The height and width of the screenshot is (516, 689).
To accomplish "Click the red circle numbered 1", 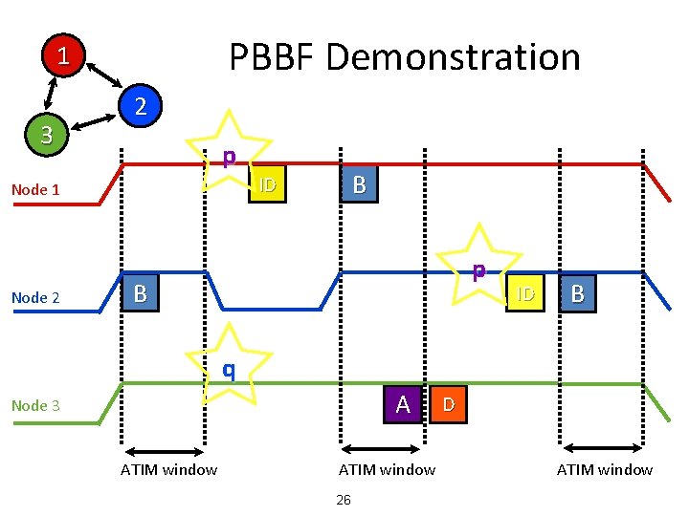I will click(x=63, y=56).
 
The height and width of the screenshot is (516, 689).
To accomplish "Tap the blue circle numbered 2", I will click(x=140, y=105).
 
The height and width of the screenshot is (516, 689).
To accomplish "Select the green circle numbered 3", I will click(x=46, y=133).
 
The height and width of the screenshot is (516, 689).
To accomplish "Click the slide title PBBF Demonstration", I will click(x=404, y=57).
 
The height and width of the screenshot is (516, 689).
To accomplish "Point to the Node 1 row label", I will click(x=35, y=189).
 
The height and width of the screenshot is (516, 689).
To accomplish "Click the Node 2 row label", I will click(x=35, y=297).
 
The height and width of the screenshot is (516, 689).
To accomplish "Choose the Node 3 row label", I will click(x=35, y=405).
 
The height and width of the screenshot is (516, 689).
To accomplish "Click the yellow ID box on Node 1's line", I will click(x=267, y=184).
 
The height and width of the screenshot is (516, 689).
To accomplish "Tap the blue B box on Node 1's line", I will click(x=359, y=184).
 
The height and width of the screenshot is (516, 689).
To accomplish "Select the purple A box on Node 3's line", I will click(x=403, y=404).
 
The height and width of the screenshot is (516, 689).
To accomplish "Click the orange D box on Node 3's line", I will click(x=448, y=404).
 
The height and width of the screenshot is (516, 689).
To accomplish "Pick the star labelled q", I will click(x=229, y=366).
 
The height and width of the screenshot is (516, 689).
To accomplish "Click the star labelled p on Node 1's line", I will click(x=230, y=153).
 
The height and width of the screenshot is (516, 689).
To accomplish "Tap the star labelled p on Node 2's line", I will click(x=478, y=267).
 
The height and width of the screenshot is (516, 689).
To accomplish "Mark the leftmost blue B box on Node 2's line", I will click(x=141, y=293).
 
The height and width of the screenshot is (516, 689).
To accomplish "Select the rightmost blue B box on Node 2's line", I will click(x=577, y=293).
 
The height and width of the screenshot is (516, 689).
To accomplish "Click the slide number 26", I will click(x=344, y=500).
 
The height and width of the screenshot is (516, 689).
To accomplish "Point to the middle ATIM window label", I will click(x=387, y=469).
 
